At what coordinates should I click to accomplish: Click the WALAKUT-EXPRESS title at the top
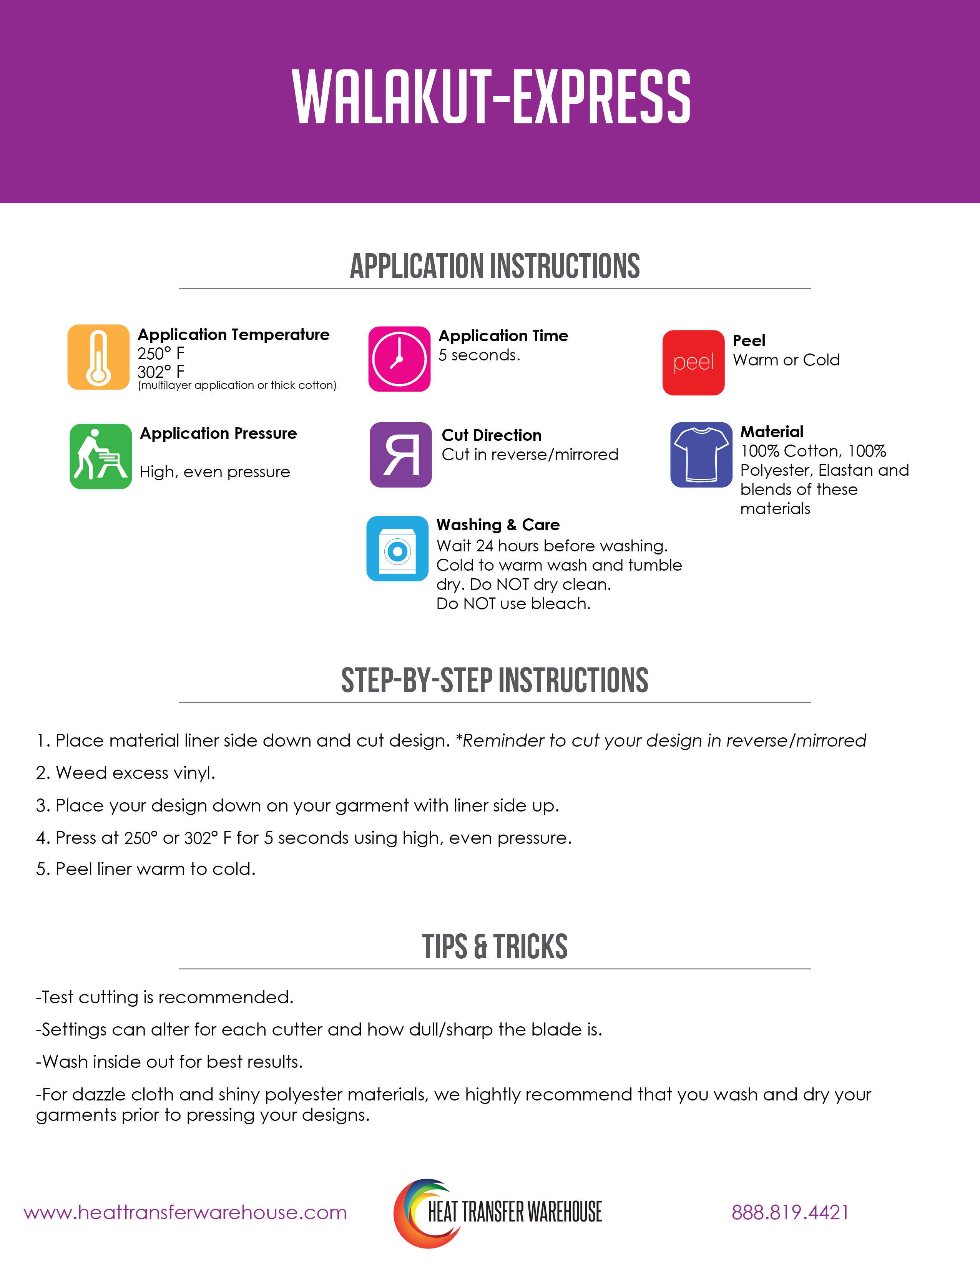point(491,96)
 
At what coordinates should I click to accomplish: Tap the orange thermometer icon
point(98,357)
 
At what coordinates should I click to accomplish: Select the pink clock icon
point(399,359)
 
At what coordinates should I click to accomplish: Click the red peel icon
point(693,363)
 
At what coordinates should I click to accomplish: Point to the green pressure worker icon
point(100,456)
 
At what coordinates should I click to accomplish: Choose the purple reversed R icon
point(400,455)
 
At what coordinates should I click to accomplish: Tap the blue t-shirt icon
point(701,455)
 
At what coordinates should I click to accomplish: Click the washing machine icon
point(397,549)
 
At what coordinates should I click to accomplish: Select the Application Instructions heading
point(495,267)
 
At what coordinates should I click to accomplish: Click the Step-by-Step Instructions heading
point(495,680)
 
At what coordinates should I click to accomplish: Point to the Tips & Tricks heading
point(495,947)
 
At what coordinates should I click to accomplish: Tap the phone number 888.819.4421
point(790,1212)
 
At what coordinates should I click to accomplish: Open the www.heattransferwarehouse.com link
point(185,1212)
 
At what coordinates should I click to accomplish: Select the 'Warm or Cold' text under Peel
point(786,360)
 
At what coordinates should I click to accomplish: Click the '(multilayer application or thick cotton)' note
point(237,385)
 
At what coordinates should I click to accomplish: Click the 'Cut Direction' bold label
point(491,435)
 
